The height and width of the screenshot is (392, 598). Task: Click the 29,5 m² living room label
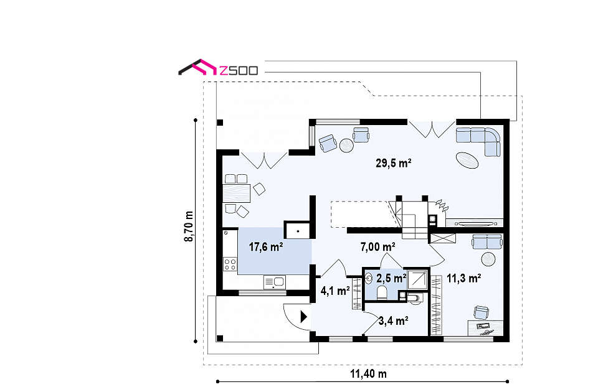(x=393, y=163)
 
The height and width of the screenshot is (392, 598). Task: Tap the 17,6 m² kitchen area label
(x=266, y=247)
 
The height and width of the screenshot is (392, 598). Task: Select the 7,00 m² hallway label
(x=377, y=247)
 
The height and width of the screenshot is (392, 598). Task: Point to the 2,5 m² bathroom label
(x=391, y=278)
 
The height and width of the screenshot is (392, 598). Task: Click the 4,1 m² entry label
(x=335, y=291)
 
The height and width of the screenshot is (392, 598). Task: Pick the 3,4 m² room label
(x=394, y=321)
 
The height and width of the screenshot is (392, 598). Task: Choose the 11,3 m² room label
(x=463, y=279)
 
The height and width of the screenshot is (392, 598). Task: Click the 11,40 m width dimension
(x=368, y=374)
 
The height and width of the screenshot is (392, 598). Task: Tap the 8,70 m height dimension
(x=189, y=226)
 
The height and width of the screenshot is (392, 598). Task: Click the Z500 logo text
(x=239, y=70)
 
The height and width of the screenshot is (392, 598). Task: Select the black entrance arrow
(x=304, y=317)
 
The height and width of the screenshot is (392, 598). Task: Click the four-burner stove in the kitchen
(x=230, y=264)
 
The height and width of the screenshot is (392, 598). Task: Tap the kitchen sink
(x=274, y=282)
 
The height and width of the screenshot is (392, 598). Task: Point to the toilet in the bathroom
(x=382, y=293)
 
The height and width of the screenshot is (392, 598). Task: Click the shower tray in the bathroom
(x=417, y=279)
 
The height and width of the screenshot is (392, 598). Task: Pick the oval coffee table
(x=467, y=160)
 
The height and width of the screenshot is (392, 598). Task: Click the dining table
(x=237, y=193)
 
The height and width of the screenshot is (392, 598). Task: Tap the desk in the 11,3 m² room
(x=485, y=328)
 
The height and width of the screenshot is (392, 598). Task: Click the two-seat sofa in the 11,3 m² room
(x=487, y=242)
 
